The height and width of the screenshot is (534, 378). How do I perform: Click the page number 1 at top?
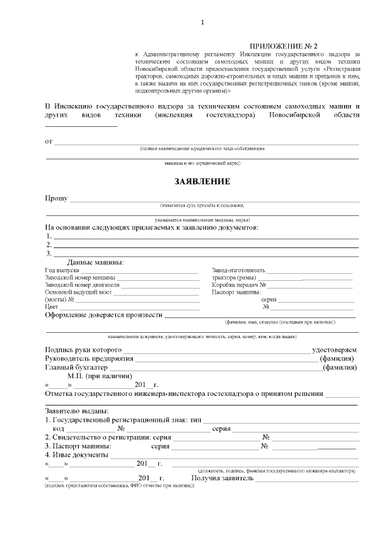pyautogui.click(x=202, y=22)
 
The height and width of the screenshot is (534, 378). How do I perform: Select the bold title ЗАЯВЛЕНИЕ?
pyautogui.click(x=202, y=181)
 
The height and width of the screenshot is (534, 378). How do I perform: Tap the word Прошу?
pyautogui.click(x=56, y=198)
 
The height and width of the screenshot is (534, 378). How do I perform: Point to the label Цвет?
pyautogui.click(x=51, y=306)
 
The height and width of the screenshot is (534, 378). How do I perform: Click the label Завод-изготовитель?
pyautogui.click(x=239, y=270)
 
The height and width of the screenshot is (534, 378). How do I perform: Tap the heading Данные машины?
pyautogui.click(x=95, y=262)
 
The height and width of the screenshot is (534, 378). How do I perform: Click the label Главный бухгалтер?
pyautogui.click(x=76, y=367)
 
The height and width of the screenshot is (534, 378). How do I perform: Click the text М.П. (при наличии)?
pyautogui.click(x=99, y=375)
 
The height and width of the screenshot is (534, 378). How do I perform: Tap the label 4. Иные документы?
pyautogui.click(x=76, y=455)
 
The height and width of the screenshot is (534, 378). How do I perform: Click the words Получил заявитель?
pyautogui.click(x=222, y=478)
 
